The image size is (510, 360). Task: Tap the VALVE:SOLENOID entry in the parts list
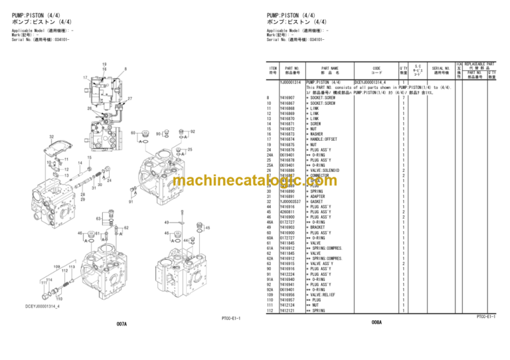[323, 170]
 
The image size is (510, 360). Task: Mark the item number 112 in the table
[269, 310]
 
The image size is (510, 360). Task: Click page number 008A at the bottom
[377, 322]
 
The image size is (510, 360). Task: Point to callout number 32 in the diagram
[51, 136]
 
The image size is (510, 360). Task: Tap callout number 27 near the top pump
[129, 99]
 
